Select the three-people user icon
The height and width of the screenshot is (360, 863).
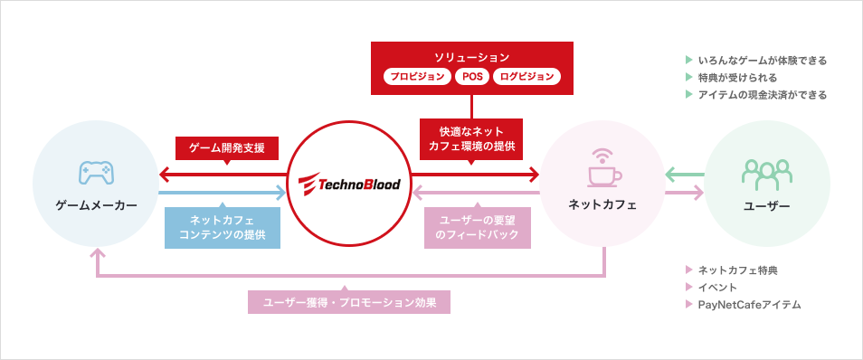point(765,172)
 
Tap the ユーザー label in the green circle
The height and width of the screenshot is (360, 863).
point(765,206)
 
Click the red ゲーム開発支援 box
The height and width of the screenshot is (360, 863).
point(227,147)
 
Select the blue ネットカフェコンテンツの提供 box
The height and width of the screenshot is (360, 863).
point(222,226)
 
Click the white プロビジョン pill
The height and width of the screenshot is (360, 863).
point(417,77)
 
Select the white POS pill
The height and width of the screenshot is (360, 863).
point(472,77)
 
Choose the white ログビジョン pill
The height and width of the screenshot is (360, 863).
point(527,77)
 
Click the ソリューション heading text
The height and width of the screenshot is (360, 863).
point(471,57)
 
